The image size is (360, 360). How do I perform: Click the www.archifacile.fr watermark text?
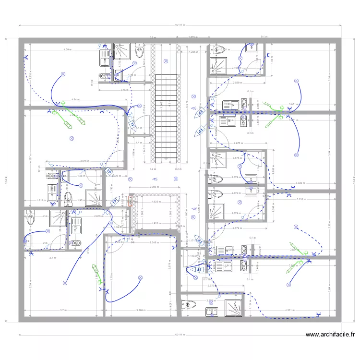pyautogui.click(x=330, y=335)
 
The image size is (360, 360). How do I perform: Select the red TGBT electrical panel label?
pyautogui.click(x=130, y=200)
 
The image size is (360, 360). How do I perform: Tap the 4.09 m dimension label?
pyautogui.click(x=67, y=49)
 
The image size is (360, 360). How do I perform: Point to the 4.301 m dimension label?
pyautogui.click(x=290, y=310)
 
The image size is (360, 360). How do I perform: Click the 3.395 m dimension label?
pyautogui.click(x=154, y=187)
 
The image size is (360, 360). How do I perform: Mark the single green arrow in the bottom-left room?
pyautogui.click(x=95, y=271)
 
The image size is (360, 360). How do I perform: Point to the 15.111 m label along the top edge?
pyautogui.click(x=180, y=25)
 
